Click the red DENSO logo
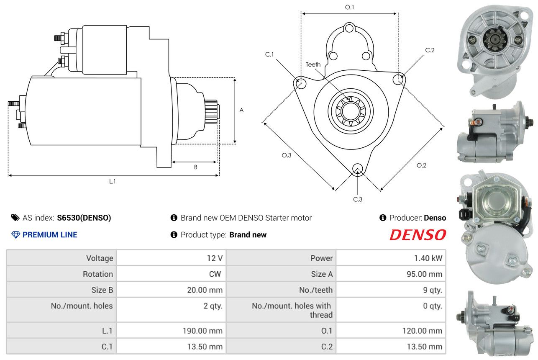(418, 235)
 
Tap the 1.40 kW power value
(428, 258)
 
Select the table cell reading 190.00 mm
(202, 331)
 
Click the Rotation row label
(98, 274)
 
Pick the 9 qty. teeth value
(433, 290)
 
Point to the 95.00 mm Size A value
(424, 274)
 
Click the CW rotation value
(215, 274)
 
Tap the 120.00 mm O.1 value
(422, 331)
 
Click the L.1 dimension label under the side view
(113, 181)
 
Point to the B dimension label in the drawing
(196, 167)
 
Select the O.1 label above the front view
(349, 7)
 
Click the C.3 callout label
(358, 199)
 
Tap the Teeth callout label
(313, 64)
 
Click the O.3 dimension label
(287, 155)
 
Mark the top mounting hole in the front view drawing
(349, 28)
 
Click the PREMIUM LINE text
(50, 235)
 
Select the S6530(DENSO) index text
(84, 218)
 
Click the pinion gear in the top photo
(495, 41)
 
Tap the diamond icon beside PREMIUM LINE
(15, 235)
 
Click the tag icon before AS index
(15, 218)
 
